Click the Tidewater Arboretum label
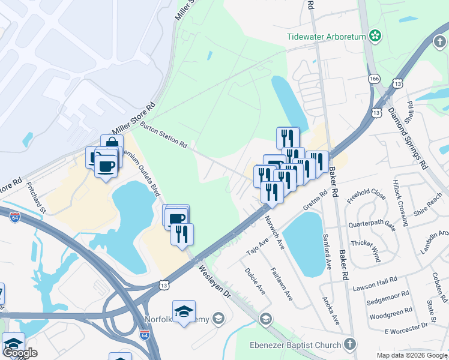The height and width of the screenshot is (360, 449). point(327,37)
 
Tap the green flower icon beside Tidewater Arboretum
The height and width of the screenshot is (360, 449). point(376,36)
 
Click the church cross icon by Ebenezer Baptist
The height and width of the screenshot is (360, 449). point(350,344)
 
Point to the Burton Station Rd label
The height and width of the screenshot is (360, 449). point(164,135)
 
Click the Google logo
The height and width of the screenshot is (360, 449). point(20,353)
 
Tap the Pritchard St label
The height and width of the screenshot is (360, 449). point(35,198)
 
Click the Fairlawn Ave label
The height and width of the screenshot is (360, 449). point(282,284)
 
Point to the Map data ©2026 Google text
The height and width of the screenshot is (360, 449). point(411,355)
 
